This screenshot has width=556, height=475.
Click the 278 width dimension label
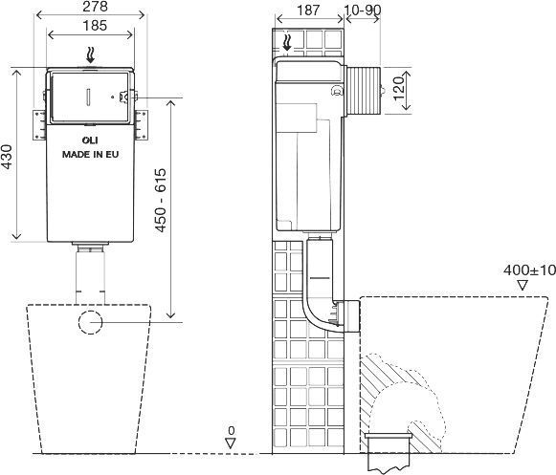[95, 7]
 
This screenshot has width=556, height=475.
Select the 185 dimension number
[95, 26]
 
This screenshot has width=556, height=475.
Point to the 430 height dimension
[7, 156]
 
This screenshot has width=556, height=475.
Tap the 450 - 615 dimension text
[161, 201]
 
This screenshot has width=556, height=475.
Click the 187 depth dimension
[308, 11]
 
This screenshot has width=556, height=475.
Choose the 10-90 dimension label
[363, 11]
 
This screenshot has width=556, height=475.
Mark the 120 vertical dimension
[399, 89]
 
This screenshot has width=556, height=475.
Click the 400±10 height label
[529, 270]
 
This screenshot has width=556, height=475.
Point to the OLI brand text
[90, 140]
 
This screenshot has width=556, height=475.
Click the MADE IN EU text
[90, 155]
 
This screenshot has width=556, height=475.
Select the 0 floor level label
[232, 431]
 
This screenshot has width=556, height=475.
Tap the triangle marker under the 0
[231, 443]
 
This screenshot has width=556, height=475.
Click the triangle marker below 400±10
[523, 286]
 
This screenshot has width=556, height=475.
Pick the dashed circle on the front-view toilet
[90, 322]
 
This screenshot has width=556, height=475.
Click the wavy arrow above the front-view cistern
[91, 56]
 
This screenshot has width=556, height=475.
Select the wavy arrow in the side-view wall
[287, 42]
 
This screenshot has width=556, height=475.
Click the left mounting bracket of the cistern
[40, 125]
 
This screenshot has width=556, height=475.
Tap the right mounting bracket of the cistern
[141, 125]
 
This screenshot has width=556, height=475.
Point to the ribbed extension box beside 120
[363, 91]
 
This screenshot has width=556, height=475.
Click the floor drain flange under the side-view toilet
[389, 435]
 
